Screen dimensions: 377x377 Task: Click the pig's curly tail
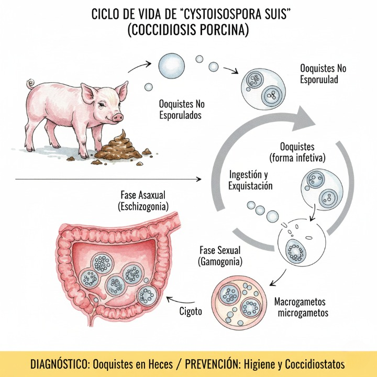(31, 83)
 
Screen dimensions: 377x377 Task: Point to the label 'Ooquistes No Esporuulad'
(323, 74)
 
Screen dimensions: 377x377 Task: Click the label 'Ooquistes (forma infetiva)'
(296, 152)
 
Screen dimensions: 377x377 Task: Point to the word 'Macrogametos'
(301, 302)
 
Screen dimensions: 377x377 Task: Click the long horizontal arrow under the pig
(105, 179)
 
